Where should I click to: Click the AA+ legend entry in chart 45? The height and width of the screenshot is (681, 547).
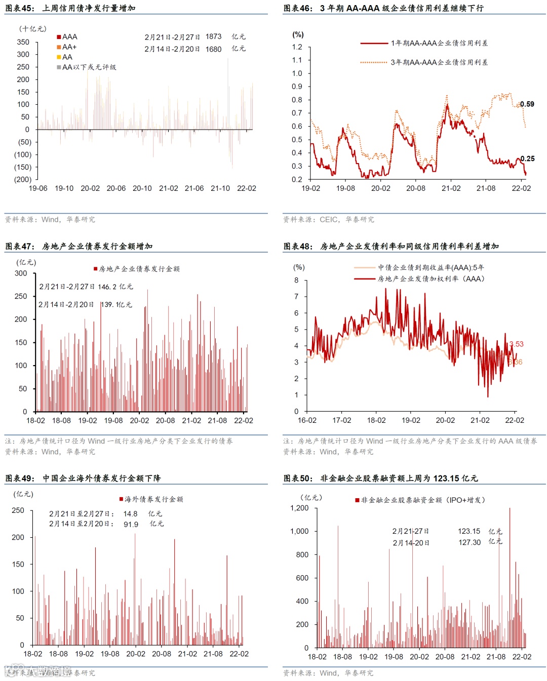[69, 47]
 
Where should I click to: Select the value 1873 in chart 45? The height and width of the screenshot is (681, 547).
[213, 37]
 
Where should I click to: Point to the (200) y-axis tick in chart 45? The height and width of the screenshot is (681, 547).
[23, 179]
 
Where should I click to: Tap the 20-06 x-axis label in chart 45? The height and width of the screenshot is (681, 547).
[116, 188]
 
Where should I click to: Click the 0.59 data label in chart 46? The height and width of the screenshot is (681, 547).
[527, 104]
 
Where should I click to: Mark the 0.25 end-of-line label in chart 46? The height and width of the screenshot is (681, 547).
[528, 158]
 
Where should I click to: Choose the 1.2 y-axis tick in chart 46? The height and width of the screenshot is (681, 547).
[297, 47]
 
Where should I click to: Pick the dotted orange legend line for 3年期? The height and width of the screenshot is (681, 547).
[374, 62]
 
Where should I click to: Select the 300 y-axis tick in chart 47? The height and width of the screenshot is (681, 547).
[21, 273]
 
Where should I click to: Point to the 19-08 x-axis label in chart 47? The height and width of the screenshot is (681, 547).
[113, 421]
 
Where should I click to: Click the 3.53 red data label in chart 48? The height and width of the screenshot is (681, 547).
[517, 344]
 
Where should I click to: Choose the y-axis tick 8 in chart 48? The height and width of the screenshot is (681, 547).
[296, 280]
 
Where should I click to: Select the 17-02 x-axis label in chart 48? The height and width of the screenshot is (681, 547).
[341, 421]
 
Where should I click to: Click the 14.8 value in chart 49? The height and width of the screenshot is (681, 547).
[130, 514]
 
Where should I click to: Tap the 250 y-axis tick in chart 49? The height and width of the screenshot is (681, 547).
[18, 510]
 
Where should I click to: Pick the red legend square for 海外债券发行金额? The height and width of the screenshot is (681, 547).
[122, 499]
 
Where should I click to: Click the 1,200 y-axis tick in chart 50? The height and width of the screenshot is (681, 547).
[299, 508]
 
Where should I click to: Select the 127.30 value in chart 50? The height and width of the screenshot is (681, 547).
[470, 542]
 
